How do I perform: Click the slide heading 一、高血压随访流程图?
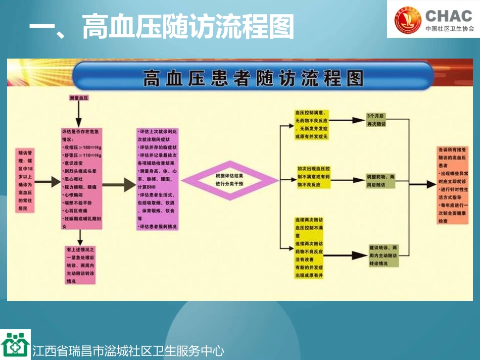162,26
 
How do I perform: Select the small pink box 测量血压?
78,98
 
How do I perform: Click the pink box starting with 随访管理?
26,180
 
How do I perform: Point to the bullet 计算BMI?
148,187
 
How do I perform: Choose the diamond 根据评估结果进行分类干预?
229,180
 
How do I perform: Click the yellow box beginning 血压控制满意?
311,125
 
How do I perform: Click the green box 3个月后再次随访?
375,120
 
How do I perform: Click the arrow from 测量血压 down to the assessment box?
78,115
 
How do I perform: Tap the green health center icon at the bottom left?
15,345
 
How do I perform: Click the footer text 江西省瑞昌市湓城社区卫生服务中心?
128,351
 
